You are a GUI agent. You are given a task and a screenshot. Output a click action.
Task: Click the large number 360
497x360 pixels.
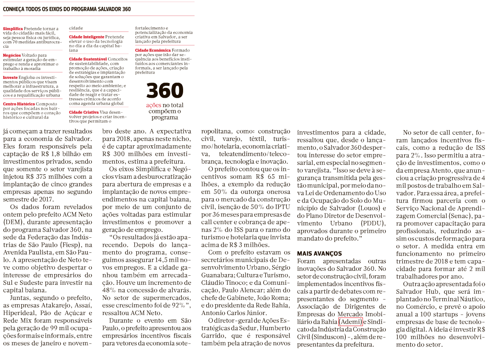pyautogui.click(x=165, y=91)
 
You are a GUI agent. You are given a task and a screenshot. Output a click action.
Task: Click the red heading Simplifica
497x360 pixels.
pyautogui.click(x=13, y=29)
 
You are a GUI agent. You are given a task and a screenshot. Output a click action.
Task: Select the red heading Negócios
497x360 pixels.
pyautogui.click(x=12, y=55)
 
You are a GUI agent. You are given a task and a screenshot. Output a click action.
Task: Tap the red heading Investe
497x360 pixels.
pyautogui.click(x=10, y=77)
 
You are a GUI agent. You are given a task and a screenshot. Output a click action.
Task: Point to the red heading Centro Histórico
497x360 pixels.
pyautogui.click(x=19, y=104)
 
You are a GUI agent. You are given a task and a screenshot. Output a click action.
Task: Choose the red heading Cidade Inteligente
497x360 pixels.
pyautogui.click(x=87, y=37)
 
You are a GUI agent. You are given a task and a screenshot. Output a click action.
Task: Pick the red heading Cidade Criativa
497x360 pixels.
pyautogui.click(x=84, y=112)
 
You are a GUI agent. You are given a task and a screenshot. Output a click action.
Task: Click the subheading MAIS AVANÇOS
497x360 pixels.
pyautogui.click(x=319, y=254)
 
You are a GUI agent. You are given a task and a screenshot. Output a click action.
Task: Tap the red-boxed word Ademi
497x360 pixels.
pyautogui.click(x=350, y=322)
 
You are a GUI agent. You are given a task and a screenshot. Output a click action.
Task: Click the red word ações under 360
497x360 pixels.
pyautogui.click(x=154, y=105)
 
